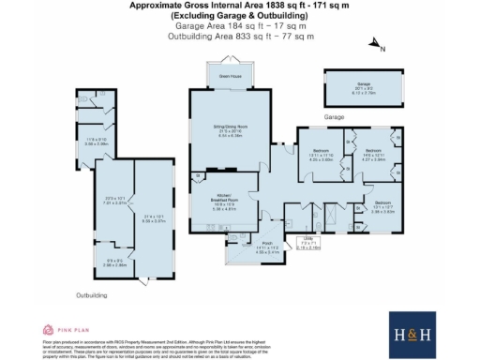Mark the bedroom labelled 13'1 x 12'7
(x=380, y=208)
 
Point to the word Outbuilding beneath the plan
(x=92, y=293)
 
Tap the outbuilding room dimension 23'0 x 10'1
(x=114, y=200)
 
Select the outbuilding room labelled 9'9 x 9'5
(x=113, y=262)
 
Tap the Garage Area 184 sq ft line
(x=240, y=27)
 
